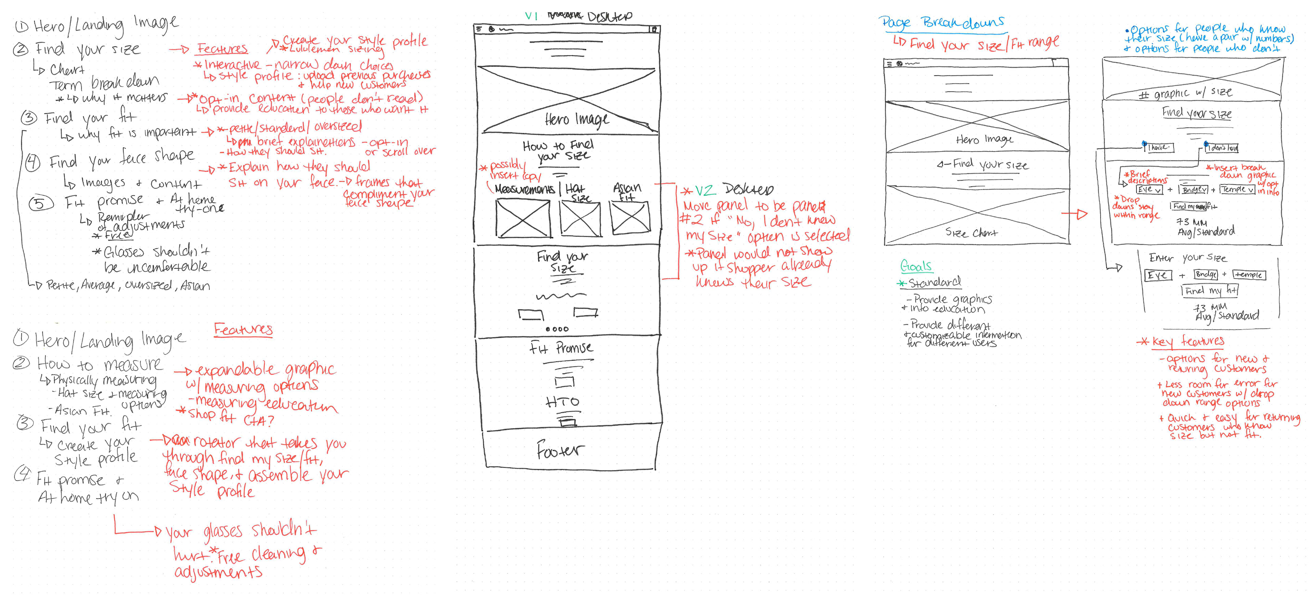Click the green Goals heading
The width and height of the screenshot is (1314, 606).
(x=916, y=266)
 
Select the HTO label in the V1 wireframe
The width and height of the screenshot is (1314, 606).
(x=562, y=402)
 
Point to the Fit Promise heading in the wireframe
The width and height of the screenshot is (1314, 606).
(x=561, y=348)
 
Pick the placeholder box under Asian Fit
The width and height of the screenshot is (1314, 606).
(x=630, y=217)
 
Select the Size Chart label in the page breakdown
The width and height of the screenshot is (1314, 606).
(x=971, y=233)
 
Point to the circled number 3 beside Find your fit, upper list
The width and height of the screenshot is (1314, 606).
(x=29, y=118)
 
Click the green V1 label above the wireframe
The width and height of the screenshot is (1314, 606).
(x=531, y=16)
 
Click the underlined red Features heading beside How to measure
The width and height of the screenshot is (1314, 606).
(x=243, y=329)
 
